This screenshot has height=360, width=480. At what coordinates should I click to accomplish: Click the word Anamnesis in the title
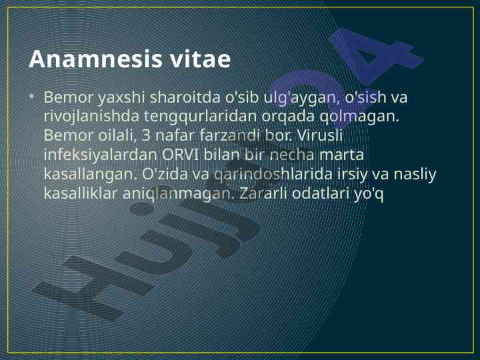pyautogui.click(x=95, y=59)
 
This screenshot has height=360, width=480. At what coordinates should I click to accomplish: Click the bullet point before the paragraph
pyautogui.click(x=31, y=97)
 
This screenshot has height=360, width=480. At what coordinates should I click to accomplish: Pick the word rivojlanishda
pyautogui.click(x=91, y=117)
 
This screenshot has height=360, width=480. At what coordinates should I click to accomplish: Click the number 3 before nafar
pyautogui.click(x=146, y=136)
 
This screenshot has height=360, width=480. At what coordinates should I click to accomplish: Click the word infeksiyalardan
pyautogui.click(x=100, y=155)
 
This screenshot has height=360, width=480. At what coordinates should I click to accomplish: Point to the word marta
pyautogui.click(x=341, y=155)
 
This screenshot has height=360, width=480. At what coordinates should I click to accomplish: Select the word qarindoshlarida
pyautogui.click(x=273, y=174)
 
